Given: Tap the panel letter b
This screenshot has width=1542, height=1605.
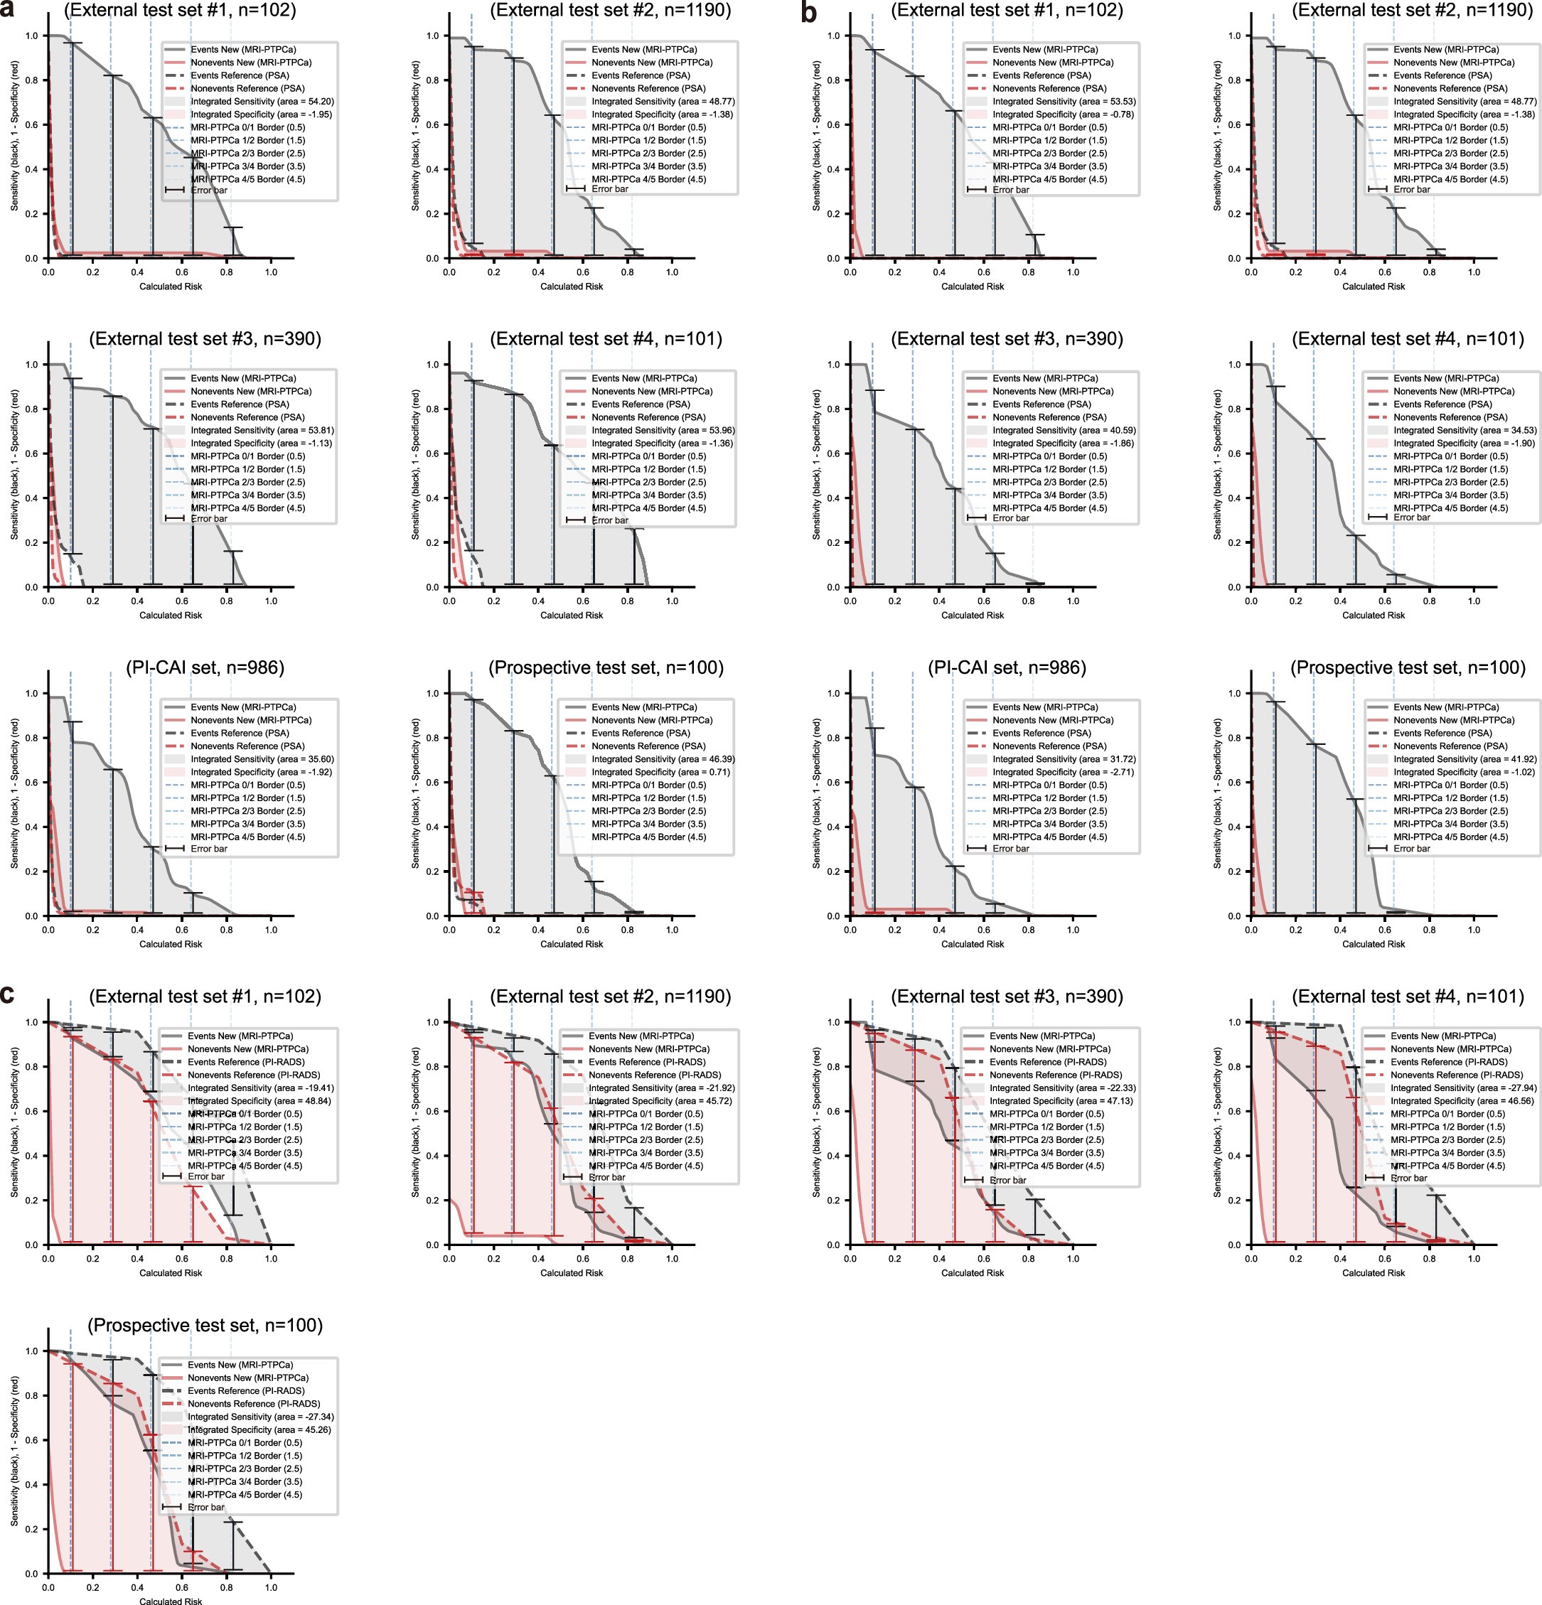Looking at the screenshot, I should (809, 11).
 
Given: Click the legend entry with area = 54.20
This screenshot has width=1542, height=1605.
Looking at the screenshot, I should (262, 102).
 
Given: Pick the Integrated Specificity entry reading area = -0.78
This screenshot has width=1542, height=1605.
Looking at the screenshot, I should (1063, 114).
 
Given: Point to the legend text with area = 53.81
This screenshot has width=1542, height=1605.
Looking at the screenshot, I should (262, 430).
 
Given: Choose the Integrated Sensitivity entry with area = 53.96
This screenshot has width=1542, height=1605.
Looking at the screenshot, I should (663, 430).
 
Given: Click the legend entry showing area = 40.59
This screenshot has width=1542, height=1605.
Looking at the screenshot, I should (1063, 430).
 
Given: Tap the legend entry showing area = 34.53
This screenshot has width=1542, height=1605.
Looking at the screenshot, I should (1465, 430).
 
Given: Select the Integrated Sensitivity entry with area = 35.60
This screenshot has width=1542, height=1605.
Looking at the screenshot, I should (262, 759).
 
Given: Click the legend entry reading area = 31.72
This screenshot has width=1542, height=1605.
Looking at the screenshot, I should (1063, 759).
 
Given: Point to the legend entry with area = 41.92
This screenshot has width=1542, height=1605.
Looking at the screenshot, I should (1465, 759).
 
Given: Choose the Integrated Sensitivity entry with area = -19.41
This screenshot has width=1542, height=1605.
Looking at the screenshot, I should (260, 1088).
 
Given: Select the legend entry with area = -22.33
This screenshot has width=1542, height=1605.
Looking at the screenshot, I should (1062, 1088).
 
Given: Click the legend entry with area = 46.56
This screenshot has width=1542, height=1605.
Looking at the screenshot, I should (1462, 1101).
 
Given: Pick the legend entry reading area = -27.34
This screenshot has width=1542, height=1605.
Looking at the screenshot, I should (260, 1417).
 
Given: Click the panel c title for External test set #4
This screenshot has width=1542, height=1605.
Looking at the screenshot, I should (1408, 997).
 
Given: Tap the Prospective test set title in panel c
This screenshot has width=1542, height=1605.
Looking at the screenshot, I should (205, 1326).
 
